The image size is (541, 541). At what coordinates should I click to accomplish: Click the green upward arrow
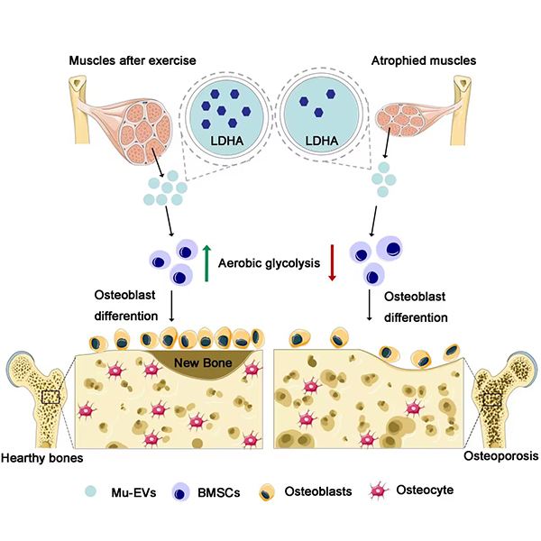click(x=206, y=263)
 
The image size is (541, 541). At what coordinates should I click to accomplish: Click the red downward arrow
click(x=332, y=262)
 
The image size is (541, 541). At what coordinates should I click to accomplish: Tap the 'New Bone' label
click(x=203, y=362)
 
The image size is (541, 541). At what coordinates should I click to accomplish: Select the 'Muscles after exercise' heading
click(x=133, y=60)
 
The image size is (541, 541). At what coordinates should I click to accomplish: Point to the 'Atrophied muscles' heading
click(x=424, y=60)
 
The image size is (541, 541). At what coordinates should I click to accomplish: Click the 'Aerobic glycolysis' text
click(x=269, y=263)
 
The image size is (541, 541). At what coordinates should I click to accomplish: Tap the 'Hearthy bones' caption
click(x=42, y=458)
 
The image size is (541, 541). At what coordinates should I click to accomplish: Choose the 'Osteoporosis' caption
click(x=501, y=455)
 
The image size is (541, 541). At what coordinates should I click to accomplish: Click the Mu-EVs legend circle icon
click(x=91, y=491)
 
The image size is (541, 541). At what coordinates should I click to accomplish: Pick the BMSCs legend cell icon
click(x=180, y=491)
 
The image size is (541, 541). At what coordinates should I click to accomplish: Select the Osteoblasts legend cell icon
click(x=267, y=492)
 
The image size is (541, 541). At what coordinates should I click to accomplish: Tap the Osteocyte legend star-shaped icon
click(x=379, y=491)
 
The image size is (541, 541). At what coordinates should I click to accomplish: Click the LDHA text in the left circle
click(x=226, y=141)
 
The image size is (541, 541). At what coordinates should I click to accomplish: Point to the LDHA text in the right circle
click(x=322, y=141)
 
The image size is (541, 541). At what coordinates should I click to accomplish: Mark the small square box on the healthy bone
click(x=50, y=397)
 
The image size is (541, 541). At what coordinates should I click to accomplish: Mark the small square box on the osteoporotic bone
click(x=492, y=399)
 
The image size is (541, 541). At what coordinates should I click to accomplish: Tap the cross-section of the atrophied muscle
click(x=400, y=120)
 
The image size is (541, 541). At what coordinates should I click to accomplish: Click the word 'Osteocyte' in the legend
click(x=425, y=490)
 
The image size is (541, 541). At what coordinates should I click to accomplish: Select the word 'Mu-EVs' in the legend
click(x=133, y=492)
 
